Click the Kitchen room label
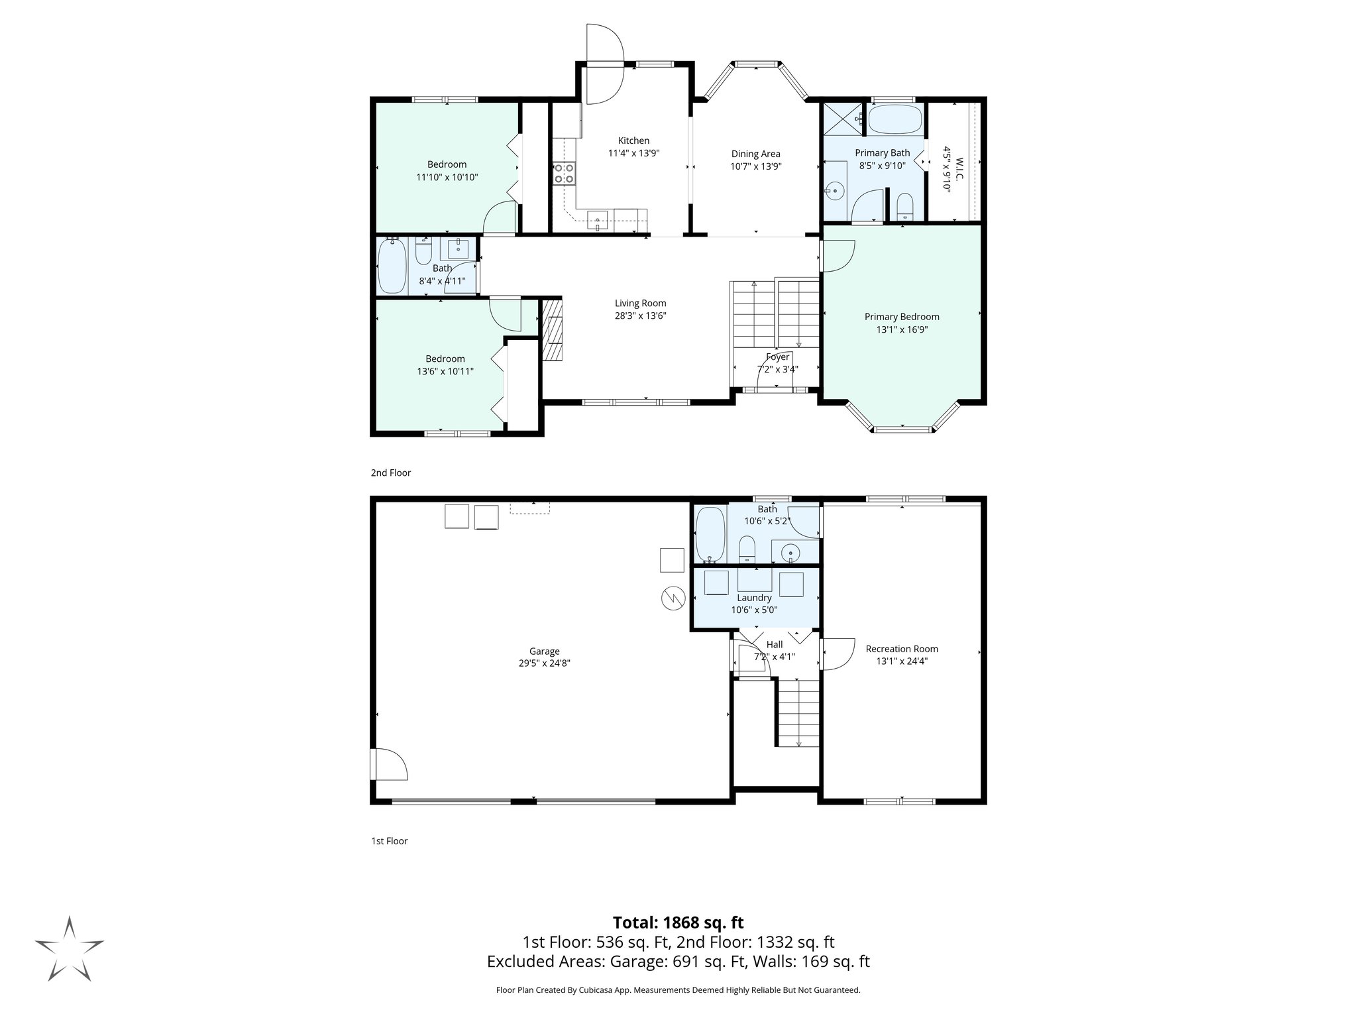633,141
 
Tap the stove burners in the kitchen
565,174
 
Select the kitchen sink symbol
598,219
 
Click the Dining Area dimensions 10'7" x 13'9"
755,166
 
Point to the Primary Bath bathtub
895,119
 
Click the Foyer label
777,357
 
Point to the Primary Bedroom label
901,317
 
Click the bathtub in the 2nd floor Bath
392,266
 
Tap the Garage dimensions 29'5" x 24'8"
544,663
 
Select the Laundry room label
754,598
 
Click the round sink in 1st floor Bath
790,552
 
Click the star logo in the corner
69,948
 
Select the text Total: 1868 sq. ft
678,923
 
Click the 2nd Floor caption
391,473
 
